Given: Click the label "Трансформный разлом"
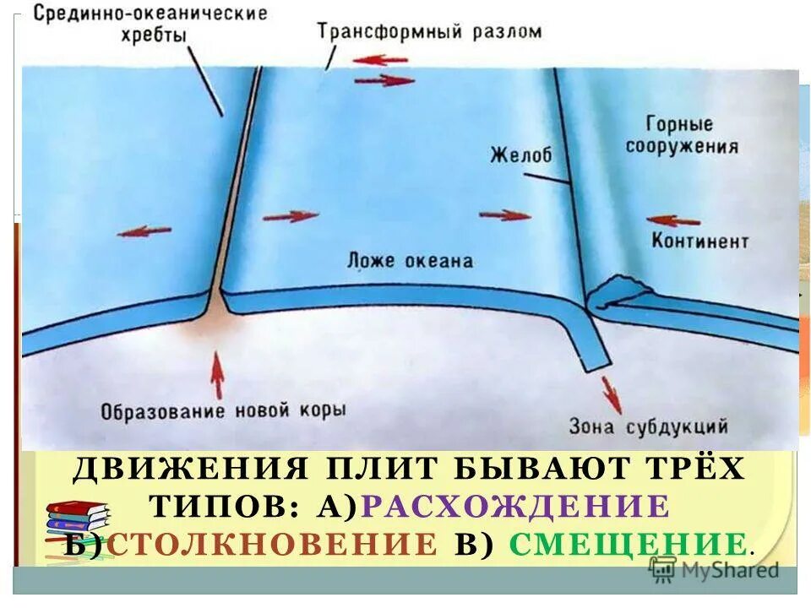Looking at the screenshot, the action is click(x=429, y=33).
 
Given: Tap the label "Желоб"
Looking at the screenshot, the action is click(x=520, y=155).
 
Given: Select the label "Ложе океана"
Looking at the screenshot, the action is click(x=410, y=261).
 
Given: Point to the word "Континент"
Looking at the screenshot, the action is click(x=699, y=242).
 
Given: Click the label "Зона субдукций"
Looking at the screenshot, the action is click(x=649, y=426).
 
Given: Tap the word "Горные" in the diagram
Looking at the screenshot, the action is click(x=680, y=125).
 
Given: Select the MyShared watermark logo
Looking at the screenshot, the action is click(x=714, y=570).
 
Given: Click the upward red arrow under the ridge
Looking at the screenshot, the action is click(x=217, y=375).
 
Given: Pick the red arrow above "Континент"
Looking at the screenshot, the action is click(x=673, y=220).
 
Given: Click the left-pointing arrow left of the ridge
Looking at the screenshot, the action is click(x=144, y=231).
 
